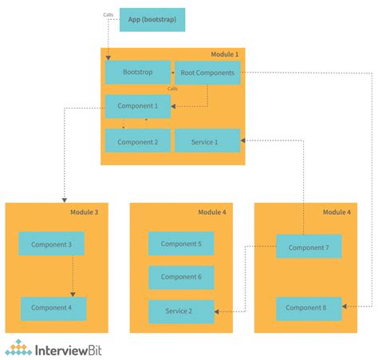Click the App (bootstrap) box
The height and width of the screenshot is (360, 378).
tap(152, 20)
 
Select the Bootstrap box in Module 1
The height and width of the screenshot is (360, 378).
tap(137, 73)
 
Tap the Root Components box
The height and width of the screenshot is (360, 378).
tap(207, 73)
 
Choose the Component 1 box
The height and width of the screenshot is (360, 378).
tap(137, 106)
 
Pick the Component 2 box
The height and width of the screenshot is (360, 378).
tap(137, 141)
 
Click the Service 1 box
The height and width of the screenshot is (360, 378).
tap(207, 141)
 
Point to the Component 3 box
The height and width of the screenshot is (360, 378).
tap(51, 243)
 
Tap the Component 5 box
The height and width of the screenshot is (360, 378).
tap(181, 243)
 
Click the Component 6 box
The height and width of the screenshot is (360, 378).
tap(181, 277)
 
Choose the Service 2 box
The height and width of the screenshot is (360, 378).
tap(181, 311)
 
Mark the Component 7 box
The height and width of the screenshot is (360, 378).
tap(309, 247)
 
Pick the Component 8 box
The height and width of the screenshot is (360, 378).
tap(309, 308)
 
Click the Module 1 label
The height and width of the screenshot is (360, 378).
tap(224, 53)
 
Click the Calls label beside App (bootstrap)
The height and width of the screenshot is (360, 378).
tap(108, 14)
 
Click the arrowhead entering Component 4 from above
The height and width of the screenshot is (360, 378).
tap(73, 295)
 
